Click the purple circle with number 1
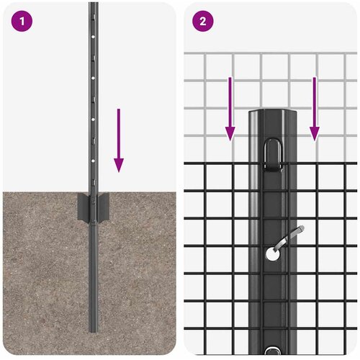coord(22,22)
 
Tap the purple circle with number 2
coord(203,22)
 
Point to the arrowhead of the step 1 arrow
coord(119,165)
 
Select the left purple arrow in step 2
coord(230,109)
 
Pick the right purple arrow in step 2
coord(315,109)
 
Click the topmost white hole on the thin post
coord(93,37)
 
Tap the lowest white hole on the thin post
coord(93,161)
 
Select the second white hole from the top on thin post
coord(93,78)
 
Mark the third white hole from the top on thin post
coord(93,119)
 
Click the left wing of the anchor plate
coord(84,207)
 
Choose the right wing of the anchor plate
coord(103,207)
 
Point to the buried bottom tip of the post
coord(93,331)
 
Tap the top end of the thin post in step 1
coord(93,4)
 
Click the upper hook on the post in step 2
coord(273,156)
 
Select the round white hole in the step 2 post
coord(273,255)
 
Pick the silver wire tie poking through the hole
coord(289,238)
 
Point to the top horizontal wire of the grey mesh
coord(271,53)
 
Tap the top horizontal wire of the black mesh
coord(271,163)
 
